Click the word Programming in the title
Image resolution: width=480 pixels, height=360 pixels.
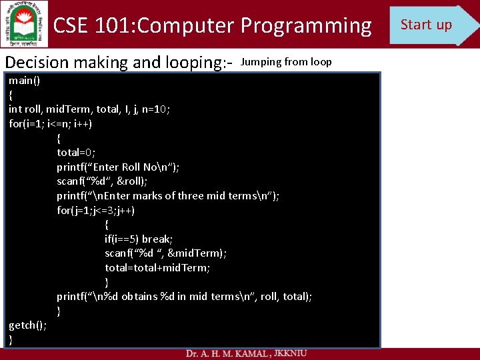click(x=306, y=26)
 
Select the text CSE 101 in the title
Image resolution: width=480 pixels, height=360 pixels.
click(x=93, y=26)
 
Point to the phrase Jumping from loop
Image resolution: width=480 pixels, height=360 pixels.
click(x=286, y=62)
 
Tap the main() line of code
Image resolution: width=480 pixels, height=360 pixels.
click(x=24, y=81)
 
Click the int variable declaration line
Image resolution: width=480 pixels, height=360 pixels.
click(x=89, y=109)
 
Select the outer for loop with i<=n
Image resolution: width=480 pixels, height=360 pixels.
click(x=51, y=124)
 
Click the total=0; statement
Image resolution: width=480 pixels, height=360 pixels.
click(x=76, y=153)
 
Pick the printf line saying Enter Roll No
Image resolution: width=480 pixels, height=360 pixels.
click(x=118, y=167)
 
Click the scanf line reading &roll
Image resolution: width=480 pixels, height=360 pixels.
click(x=102, y=181)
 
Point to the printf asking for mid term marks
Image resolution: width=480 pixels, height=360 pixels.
click(x=168, y=196)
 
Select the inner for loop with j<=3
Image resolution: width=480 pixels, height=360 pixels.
click(x=96, y=211)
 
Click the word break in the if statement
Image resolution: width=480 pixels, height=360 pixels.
click(x=156, y=239)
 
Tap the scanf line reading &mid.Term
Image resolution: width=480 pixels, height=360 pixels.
click(x=165, y=253)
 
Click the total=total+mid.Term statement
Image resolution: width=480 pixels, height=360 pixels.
click(x=157, y=268)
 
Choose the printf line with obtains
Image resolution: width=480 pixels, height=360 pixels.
click(x=184, y=297)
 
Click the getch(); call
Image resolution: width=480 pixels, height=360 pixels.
click(x=27, y=325)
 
